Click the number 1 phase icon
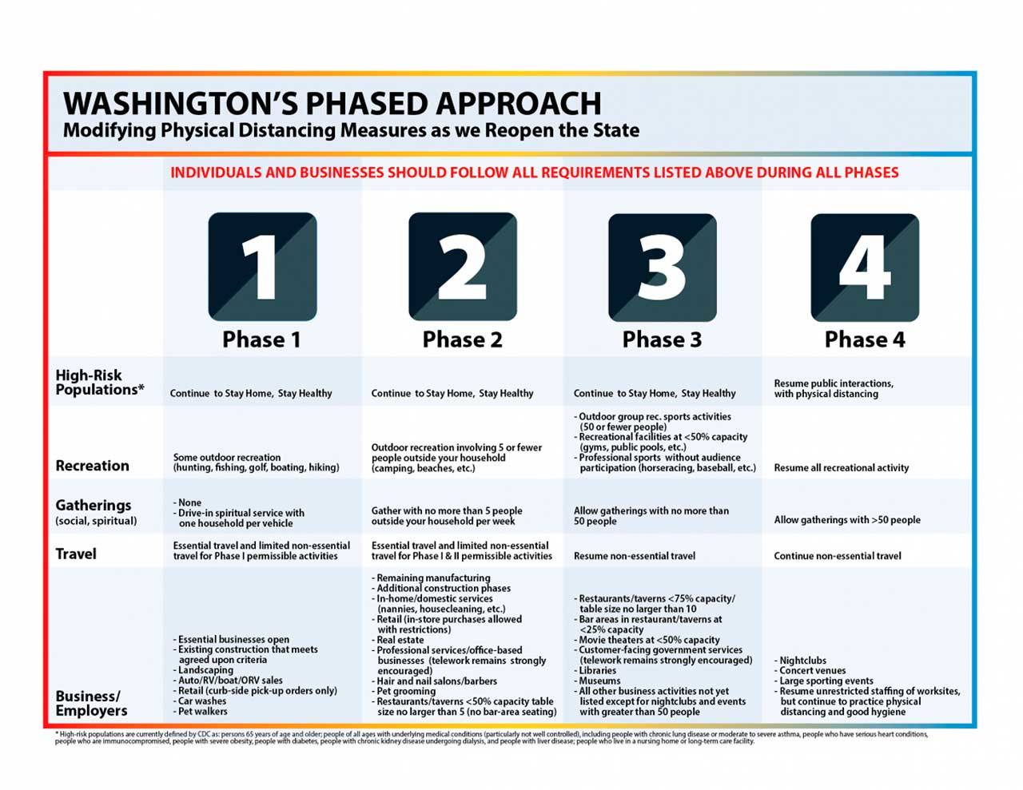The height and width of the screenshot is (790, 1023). (x=262, y=266)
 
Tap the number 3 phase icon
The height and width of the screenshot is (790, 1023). (x=662, y=266)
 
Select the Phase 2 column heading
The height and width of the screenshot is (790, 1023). (x=462, y=339)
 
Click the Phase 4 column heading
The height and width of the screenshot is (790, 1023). (x=865, y=339)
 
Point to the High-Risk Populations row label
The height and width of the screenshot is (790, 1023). (x=99, y=383)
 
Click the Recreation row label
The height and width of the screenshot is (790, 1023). (x=92, y=466)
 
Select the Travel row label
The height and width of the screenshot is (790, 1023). (x=76, y=554)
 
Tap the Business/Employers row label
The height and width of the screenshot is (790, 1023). (x=90, y=703)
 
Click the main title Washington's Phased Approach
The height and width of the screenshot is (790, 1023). (x=332, y=103)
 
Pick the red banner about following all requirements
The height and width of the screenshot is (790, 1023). (x=534, y=173)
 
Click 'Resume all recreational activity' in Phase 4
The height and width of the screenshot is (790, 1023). (x=841, y=468)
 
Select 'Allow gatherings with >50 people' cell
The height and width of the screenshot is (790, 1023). (x=846, y=520)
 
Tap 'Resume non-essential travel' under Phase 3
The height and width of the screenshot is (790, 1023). (x=634, y=556)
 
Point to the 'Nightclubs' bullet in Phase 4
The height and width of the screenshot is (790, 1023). (x=802, y=661)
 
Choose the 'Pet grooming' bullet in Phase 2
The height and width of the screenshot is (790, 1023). (x=406, y=692)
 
